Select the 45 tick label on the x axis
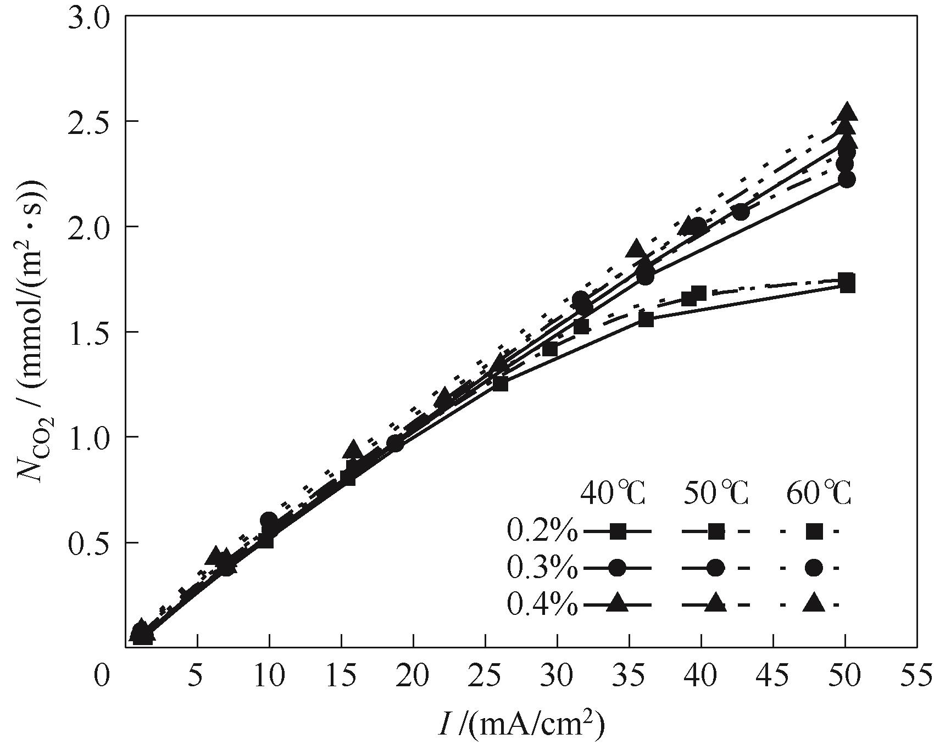pyautogui.click(x=773, y=675)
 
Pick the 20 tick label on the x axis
pyautogui.click(x=413, y=675)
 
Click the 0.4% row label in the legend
pyautogui.click(x=542, y=604)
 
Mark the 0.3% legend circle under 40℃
pyautogui.click(x=618, y=568)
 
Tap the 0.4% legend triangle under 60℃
pyautogui.click(x=814, y=603)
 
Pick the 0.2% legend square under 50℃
pyautogui.click(x=715, y=531)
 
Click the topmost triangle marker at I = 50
pyautogui.click(x=847, y=112)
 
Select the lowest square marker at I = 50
pyautogui.click(x=847, y=285)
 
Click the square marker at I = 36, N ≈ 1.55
pyautogui.click(x=646, y=320)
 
